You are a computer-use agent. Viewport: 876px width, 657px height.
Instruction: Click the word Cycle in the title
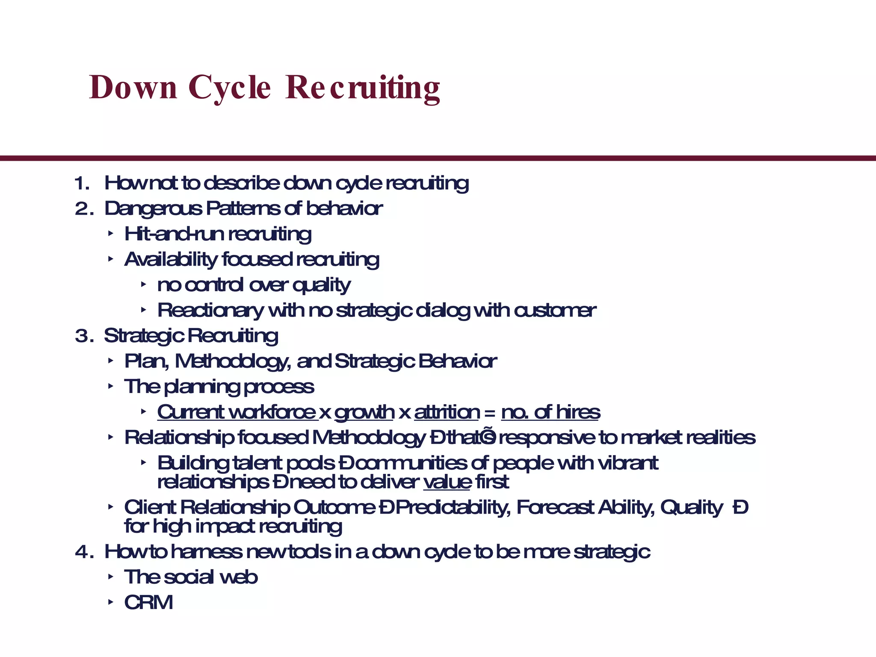229,88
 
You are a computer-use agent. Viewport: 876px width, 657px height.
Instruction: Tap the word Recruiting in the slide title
362,88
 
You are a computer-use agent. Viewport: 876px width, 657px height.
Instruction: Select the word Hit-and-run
174,234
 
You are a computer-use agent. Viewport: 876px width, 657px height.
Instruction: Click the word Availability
171,260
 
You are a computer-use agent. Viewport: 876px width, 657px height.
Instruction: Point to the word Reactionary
210,311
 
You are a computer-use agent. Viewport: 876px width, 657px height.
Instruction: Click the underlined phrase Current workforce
237,412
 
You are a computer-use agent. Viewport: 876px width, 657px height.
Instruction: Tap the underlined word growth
364,412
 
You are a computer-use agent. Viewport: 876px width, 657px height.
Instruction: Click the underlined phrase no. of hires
550,412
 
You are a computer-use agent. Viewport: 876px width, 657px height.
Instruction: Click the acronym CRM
148,603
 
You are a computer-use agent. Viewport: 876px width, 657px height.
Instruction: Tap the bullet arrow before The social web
111,577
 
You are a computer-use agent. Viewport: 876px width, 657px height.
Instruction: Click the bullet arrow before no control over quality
144,284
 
